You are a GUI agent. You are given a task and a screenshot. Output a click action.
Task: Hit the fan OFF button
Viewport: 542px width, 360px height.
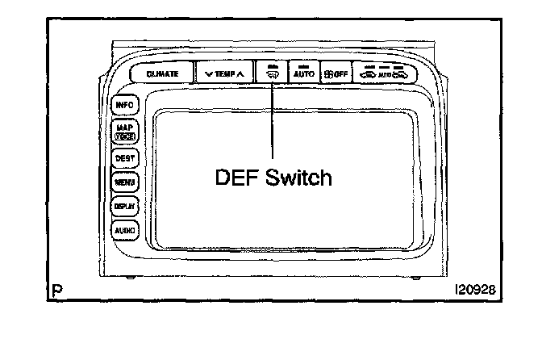pyautogui.click(x=335, y=73)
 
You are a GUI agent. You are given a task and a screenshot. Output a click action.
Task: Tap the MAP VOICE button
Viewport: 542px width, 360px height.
pyautogui.click(x=124, y=132)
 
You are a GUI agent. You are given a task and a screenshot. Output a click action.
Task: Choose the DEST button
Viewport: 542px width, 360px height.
pyautogui.click(x=124, y=158)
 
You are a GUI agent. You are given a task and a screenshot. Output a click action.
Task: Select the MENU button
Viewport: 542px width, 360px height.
pyautogui.click(x=124, y=182)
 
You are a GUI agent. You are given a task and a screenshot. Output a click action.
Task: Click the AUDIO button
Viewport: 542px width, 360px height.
pyautogui.click(x=124, y=229)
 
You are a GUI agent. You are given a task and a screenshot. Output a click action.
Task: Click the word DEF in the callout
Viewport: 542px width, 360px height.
pyautogui.click(x=235, y=177)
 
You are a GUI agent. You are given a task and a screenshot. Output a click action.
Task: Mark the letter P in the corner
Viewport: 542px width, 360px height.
pyautogui.click(x=52, y=288)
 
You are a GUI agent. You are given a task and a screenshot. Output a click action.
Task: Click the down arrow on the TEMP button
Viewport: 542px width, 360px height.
pyautogui.click(x=209, y=73)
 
